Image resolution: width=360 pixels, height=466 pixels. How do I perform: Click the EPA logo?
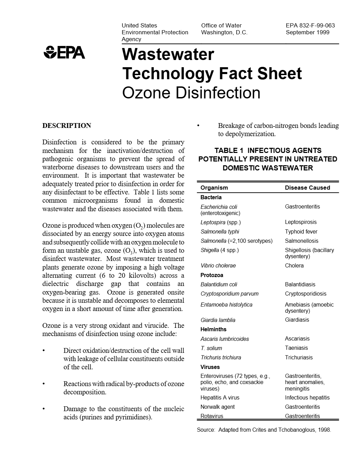[64, 52]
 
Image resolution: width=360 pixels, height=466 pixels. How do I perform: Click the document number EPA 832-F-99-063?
[310, 25]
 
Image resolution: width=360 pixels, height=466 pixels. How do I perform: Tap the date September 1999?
[307, 32]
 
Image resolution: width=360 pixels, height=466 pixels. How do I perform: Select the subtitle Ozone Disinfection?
[191, 93]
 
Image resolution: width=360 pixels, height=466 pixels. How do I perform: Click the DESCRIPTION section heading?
[67, 126]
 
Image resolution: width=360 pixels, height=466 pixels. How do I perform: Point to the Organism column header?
[214, 188]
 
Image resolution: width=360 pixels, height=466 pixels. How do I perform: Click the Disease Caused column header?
[307, 188]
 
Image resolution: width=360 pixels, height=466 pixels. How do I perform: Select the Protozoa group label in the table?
[212, 275]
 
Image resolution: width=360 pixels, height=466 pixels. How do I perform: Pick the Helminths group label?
[213, 329]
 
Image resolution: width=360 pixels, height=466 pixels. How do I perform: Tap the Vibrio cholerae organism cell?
[218, 265]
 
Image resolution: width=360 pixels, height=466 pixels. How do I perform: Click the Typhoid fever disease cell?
[301, 231]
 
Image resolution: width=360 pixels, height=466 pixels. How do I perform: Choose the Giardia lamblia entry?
[218, 320]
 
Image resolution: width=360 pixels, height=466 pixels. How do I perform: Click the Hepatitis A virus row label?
[220, 397]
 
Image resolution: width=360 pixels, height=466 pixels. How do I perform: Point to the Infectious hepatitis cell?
[307, 397]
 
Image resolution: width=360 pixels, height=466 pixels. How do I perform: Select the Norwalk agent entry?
[217, 407]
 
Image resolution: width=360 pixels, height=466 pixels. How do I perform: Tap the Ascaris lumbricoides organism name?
[225, 339]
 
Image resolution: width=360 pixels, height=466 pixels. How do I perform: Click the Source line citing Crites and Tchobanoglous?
[264, 430]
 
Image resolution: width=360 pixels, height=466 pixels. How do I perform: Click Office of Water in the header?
[221, 25]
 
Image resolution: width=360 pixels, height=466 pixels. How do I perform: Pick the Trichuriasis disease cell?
[299, 357]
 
